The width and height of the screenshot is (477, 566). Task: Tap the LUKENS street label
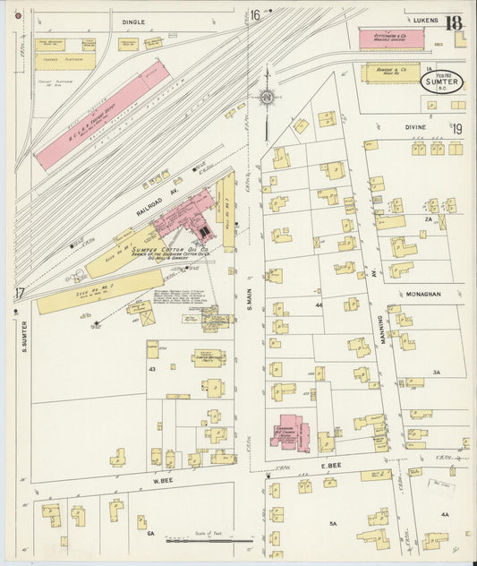(419, 18)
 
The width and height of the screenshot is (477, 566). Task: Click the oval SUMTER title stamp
(443, 82)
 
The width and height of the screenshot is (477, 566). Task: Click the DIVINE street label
(415, 128)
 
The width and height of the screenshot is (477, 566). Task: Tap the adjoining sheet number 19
(457, 130)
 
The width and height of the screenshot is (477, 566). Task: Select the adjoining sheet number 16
(255, 14)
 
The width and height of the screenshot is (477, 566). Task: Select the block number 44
(319, 305)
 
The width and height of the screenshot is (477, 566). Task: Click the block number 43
(152, 370)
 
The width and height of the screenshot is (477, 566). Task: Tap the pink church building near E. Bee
(289, 432)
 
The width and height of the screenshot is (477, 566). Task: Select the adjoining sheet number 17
(20, 293)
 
